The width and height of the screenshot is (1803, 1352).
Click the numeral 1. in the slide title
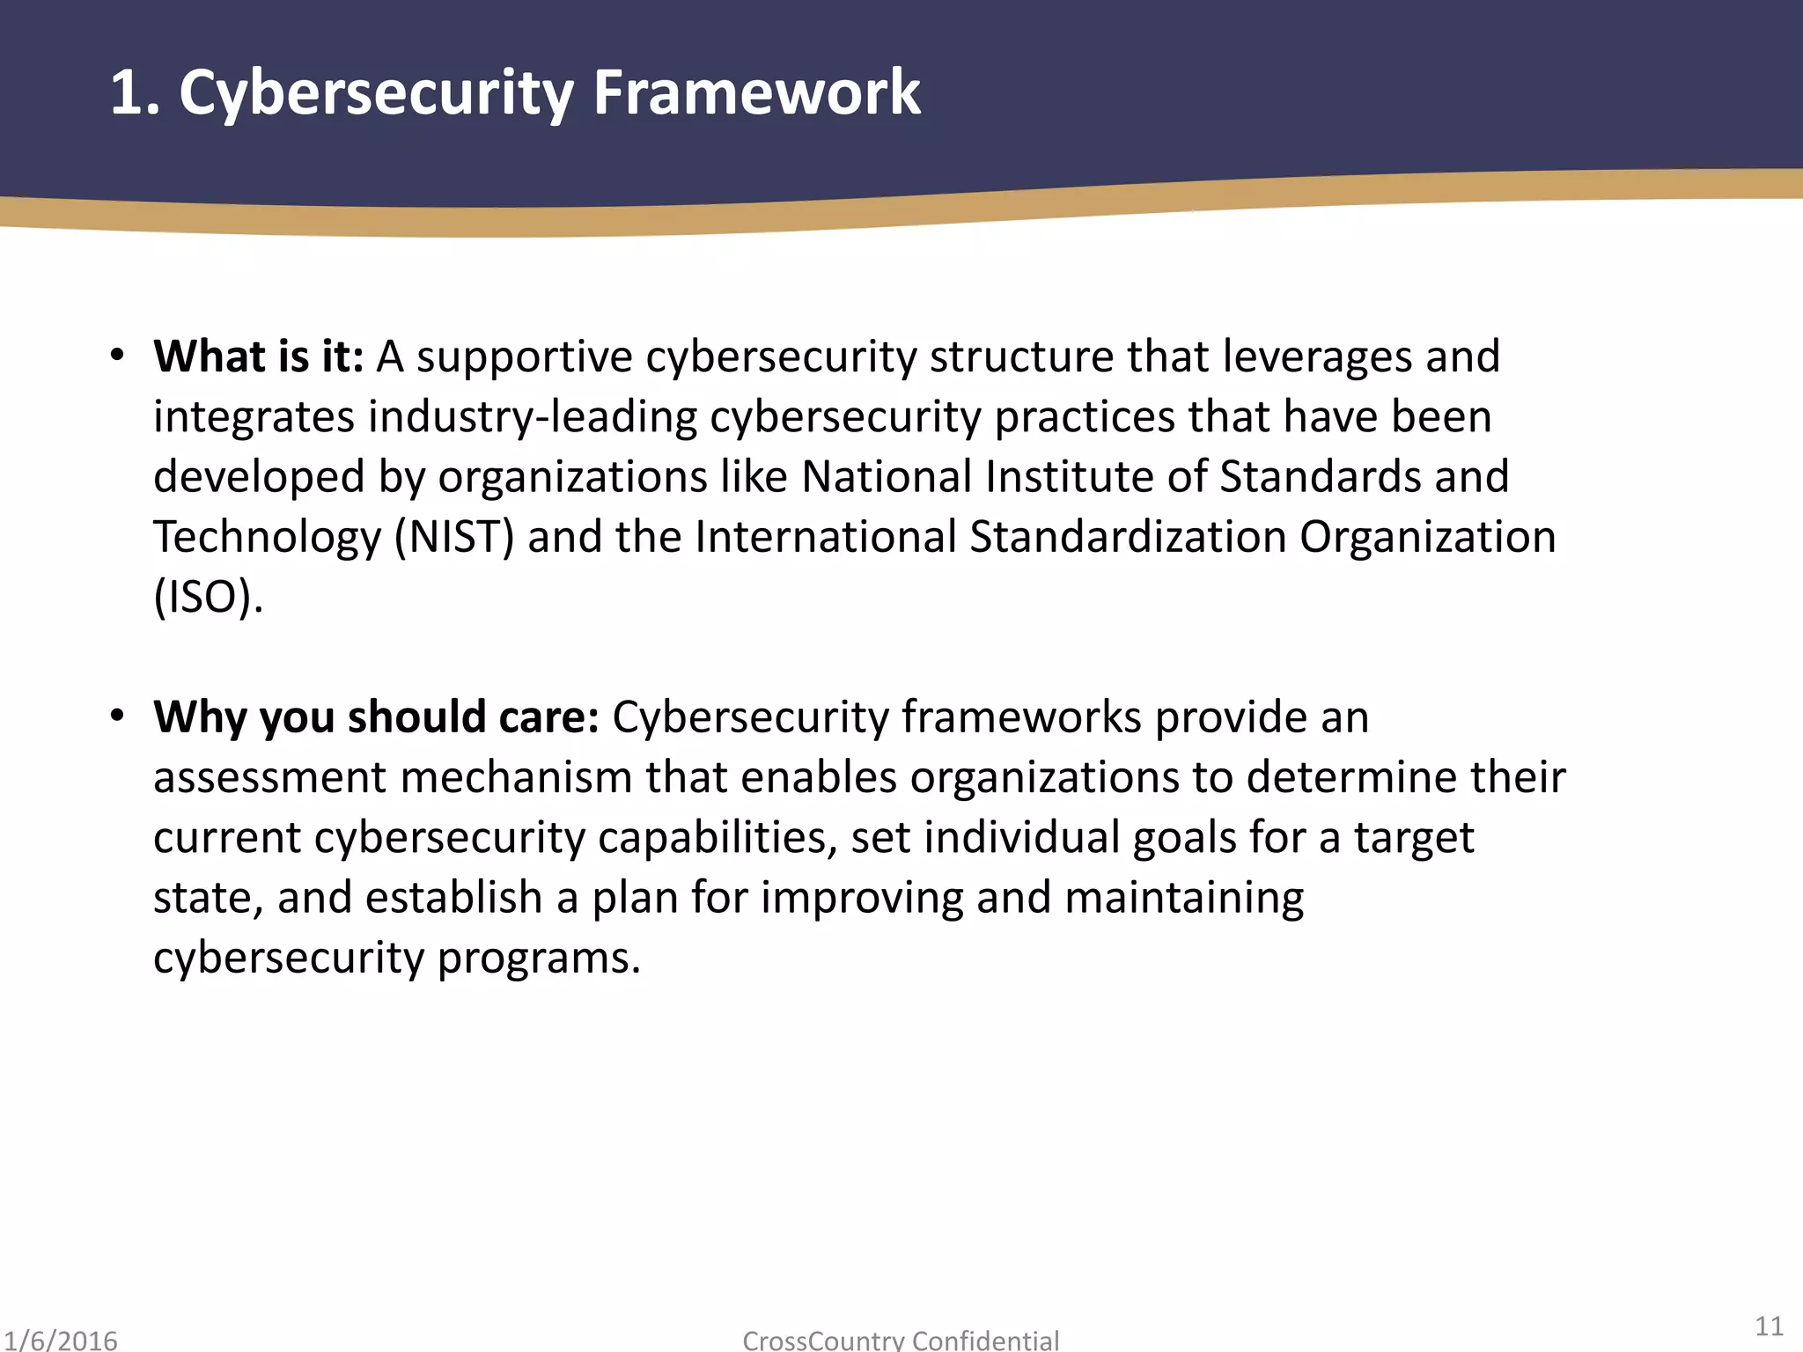point(135,92)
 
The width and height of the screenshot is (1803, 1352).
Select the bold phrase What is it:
point(258,356)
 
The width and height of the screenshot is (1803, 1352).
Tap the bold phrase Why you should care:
point(376,716)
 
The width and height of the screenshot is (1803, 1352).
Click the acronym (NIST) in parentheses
point(453,537)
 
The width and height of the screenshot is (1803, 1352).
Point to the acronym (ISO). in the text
point(208,597)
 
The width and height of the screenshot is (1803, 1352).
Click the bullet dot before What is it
point(117,356)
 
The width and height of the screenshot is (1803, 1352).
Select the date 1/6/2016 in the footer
point(59,1340)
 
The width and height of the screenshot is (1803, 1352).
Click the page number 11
point(1769,1326)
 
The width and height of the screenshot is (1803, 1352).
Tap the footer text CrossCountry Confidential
point(901,1341)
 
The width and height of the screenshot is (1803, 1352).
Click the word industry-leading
point(532,417)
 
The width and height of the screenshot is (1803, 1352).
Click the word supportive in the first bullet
point(524,357)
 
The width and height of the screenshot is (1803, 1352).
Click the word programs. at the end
point(538,958)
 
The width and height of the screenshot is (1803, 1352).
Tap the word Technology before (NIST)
point(267,538)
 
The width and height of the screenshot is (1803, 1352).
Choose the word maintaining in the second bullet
point(1183,898)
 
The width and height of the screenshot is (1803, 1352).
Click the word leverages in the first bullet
point(1317,357)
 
